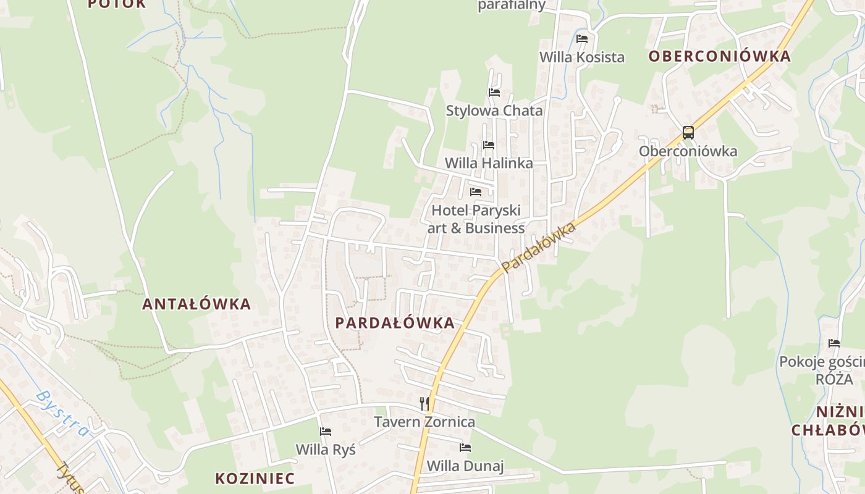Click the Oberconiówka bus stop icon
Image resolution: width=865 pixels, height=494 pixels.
pyautogui.click(x=688, y=132)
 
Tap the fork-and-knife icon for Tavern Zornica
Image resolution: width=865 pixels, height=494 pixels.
pyautogui.click(x=424, y=404)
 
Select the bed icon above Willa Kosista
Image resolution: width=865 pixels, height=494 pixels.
pyautogui.click(x=582, y=38)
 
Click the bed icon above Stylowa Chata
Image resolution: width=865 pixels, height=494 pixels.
pyautogui.click(x=494, y=93)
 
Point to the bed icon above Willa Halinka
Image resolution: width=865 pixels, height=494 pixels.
pyautogui.click(x=489, y=145)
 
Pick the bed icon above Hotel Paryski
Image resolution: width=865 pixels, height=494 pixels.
pyautogui.click(x=476, y=192)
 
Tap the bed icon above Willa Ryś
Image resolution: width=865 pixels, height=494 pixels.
pyautogui.click(x=326, y=431)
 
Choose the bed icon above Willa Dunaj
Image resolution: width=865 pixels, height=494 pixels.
pyautogui.click(x=465, y=447)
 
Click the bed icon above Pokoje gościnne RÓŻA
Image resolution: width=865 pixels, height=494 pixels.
pyautogui.click(x=834, y=343)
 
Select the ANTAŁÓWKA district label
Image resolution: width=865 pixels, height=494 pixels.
pyautogui.click(x=196, y=304)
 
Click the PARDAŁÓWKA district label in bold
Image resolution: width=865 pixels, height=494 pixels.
pyautogui.click(x=395, y=322)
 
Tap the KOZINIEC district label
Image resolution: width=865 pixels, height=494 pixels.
pyautogui.click(x=255, y=478)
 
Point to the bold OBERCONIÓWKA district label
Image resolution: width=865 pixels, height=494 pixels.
pyautogui.click(x=719, y=56)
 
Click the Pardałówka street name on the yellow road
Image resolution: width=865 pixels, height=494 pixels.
pyautogui.click(x=539, y=247)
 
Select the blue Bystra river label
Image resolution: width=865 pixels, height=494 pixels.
pyautogui.click(x=62, y=412)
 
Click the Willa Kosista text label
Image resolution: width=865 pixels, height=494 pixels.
pyautogui.click(x=582, y=57)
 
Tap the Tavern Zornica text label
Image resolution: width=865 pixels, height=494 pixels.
pyautogui.click(x=424, y=422)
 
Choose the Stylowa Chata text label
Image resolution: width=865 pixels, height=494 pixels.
pyautogui.click(x=494, y=111)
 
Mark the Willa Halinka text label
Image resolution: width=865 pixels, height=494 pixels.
pyautogui.click(x=489, y=163)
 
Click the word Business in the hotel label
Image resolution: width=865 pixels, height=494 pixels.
pyautogui.click(x=495, y=228)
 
